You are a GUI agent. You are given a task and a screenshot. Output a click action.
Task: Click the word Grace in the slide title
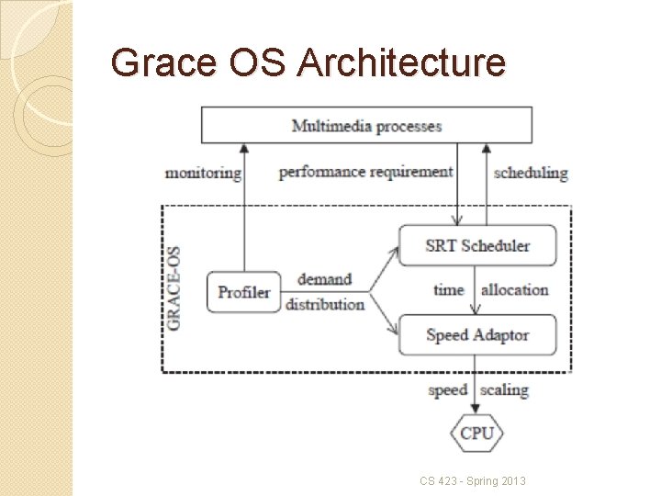tap(164, 62)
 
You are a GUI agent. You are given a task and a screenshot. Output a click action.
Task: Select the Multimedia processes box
tap(366, 125)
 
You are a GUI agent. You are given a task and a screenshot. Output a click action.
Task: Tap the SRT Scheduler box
tap(477, 245)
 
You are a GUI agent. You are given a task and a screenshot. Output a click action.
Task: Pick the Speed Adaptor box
tap(477, 335)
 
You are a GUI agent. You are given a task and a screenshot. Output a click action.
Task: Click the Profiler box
tap(243, 292)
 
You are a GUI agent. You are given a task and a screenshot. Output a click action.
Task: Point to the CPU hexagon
tap(476, 433)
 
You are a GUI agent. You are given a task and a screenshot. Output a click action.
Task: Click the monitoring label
tap(203, 172)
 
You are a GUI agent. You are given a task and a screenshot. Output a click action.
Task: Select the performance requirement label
tap(365, 172)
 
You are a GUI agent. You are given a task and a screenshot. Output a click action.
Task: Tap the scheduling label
tap(531, 172)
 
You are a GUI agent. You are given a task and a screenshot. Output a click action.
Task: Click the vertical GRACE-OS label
tap(173, 287)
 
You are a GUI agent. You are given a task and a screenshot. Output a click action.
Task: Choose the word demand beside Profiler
tap(324, 279)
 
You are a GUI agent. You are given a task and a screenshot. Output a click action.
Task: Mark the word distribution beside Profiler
tap(325, 304)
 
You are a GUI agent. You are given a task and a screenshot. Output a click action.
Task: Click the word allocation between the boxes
tap(514, 290)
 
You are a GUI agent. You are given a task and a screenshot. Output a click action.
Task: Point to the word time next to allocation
tap(449, 290)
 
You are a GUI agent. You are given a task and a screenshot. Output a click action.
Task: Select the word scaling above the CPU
tap(504, 390)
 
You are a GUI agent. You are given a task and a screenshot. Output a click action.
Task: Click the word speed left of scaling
tap(448, 390)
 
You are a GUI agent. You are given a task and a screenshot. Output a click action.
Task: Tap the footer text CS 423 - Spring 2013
tap(473, 480)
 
